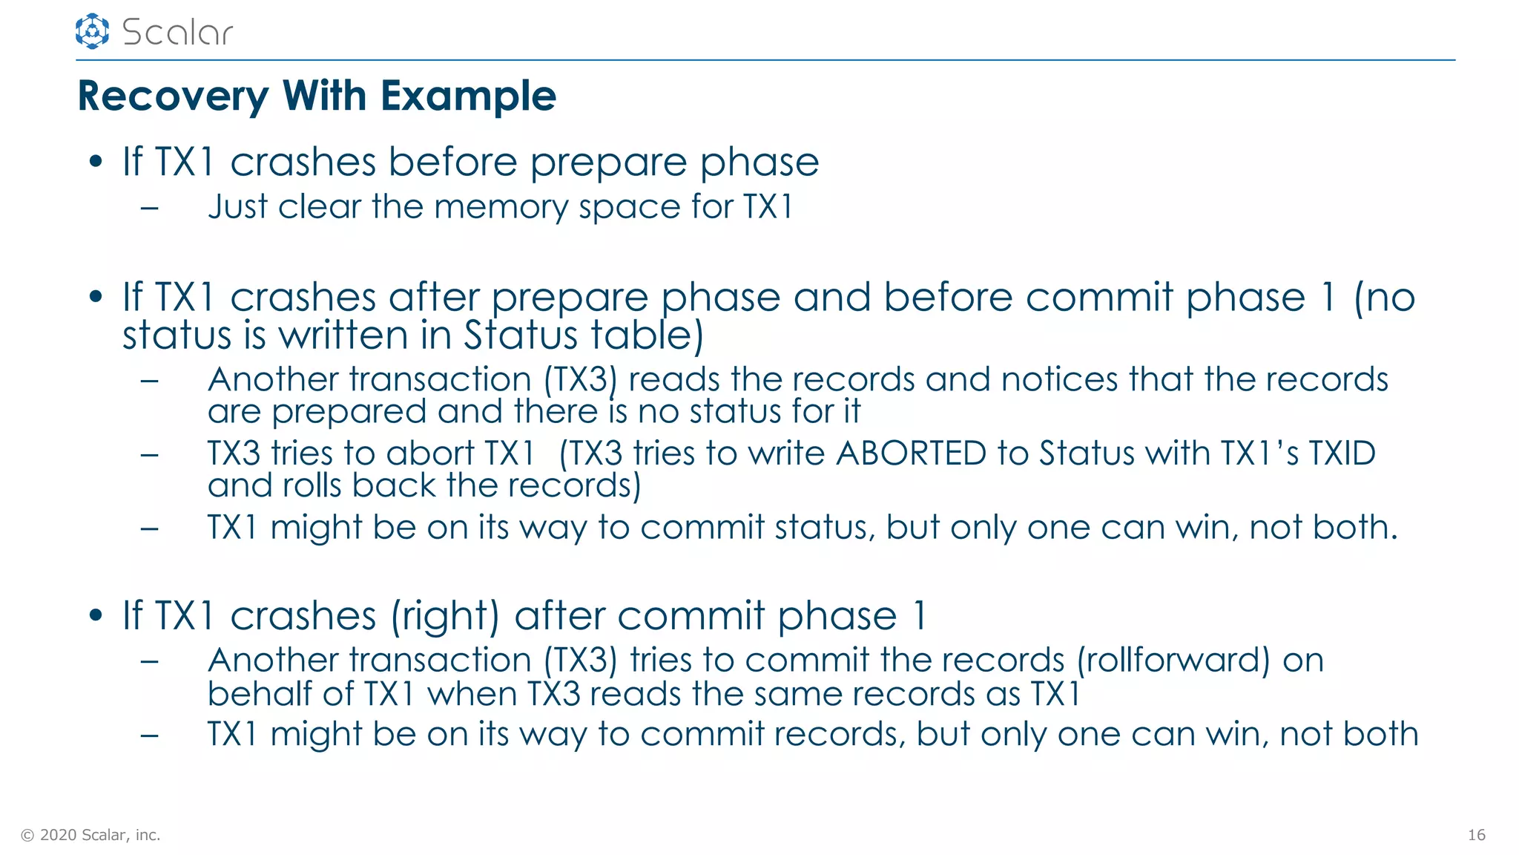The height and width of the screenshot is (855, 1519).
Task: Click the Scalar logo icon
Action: pyautogui.click(x=92, y=31)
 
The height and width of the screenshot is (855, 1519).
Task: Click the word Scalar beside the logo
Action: pyautogui.click(x=177, y=32)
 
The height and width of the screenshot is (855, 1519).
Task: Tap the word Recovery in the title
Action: pyautogui.click(x=173, y=96)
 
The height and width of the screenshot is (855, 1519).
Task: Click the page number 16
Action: pyautogui.click(x=1476, y=835)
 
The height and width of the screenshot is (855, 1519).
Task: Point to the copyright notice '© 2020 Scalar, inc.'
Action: pyautogui.click(x=90, y=835)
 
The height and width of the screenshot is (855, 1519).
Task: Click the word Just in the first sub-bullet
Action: pyautogui.click(x=237, y=206)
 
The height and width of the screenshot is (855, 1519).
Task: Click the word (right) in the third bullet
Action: pyautogui.click(x=445, y=616)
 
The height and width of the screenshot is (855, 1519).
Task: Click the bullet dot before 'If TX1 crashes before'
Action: pyautogui.click(x=95, y=162)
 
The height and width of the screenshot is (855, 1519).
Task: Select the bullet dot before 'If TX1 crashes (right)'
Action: pyautogui.click(x=95, y=615)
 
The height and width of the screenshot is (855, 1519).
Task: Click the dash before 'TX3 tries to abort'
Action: pyautogui.click(x=149, y=453)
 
